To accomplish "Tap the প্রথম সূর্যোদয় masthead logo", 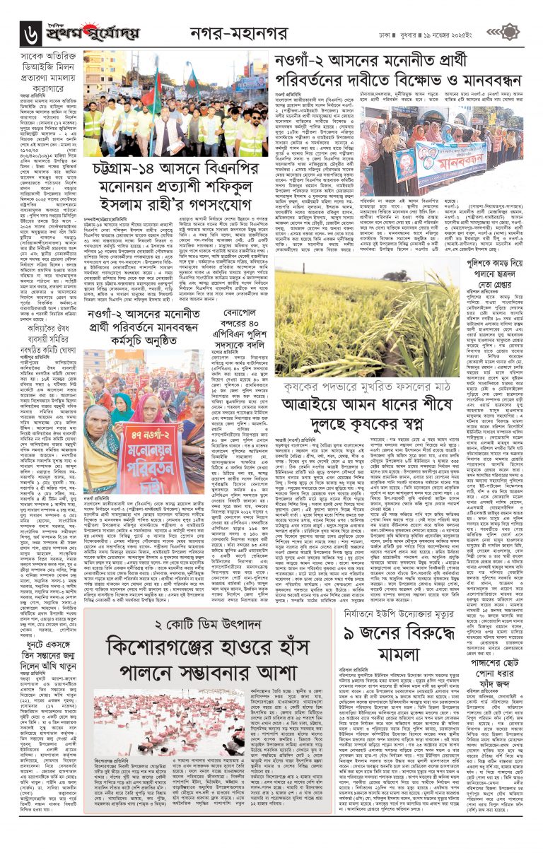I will click(93, 31).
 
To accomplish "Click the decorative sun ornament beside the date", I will click(512, 31).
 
